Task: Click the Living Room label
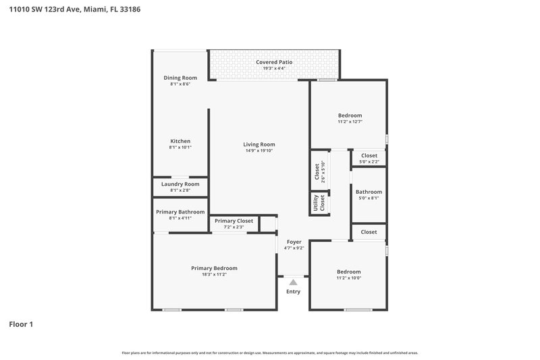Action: [259, 144]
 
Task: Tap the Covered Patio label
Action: [274, 62]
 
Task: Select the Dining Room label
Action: [180, 78]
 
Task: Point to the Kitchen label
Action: [180, 141]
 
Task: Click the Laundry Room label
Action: [180, 184]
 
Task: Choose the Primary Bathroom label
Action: [180, 211]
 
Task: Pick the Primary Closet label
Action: [234, 221]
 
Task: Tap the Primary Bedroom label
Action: [214, 268]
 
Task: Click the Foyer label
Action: [294, 242]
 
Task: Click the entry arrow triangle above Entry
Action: [293, 282]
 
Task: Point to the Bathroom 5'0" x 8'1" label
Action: [369, 192]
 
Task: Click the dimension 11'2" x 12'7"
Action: [350, 122]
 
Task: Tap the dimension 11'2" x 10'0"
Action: [349, 278]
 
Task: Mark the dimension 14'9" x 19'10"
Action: [259, 151]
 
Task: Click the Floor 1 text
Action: [21, 324]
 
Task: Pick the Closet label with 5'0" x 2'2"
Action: [369, 155]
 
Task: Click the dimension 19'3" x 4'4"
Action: [274, 68]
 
